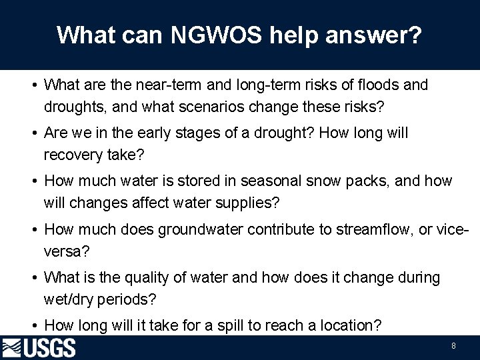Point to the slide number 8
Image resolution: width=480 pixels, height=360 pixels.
[453, 346]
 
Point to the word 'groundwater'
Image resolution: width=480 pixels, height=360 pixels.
[201, 229]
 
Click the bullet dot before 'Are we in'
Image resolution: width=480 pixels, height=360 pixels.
[33, 133]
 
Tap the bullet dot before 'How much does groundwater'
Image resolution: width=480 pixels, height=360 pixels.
[33, 229]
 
